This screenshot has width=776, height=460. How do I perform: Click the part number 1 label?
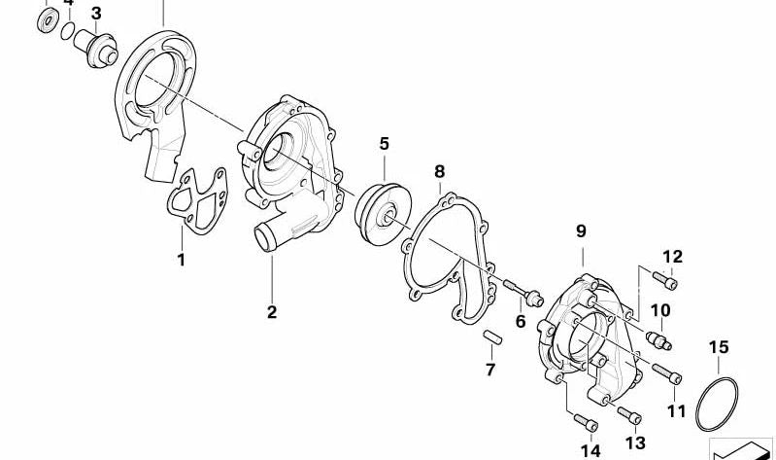(182, 260)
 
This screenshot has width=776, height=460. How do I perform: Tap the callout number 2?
(272, 312)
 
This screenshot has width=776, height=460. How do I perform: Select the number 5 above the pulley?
(384, 144)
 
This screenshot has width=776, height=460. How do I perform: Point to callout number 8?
(439, 171)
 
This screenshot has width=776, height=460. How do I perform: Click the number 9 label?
(581, 230)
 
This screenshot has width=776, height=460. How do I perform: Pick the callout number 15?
(719, 347)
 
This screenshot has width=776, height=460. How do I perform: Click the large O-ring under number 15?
(717, 404)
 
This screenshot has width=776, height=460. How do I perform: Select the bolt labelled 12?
(664, 280)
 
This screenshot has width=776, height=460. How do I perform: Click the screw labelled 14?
(586, 422)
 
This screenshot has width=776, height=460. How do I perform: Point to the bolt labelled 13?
(629, 415)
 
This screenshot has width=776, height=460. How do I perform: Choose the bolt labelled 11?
(666, 373)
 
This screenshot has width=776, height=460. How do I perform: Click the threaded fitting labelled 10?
(658, 340)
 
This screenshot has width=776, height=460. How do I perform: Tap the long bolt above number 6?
(523, 293)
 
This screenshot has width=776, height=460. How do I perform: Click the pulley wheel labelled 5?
(383, 214)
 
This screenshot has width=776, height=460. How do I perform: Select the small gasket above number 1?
(197, 200)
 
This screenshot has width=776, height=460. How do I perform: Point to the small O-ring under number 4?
(68, 31)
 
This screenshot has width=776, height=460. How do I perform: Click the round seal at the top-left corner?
(48, 20)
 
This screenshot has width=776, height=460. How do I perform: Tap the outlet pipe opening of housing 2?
(266, 238)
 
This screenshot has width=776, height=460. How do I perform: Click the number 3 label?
(96, 14)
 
